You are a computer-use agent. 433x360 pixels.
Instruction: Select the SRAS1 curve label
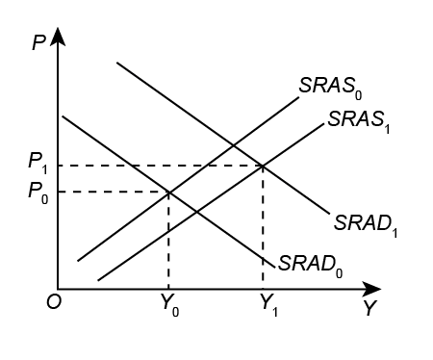click(x=356, y=121)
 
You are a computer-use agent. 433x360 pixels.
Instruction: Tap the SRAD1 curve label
click(x=367, y=224)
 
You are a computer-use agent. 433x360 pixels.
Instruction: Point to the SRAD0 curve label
click(x=309, y=263)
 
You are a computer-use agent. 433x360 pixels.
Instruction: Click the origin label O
click(x=52, y=302)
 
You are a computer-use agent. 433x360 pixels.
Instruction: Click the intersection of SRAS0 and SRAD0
click(x=169, y=192)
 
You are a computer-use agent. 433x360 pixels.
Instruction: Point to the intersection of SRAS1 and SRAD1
click(x=263, y=167)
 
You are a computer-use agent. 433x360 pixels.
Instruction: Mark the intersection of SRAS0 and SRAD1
click(x=232, y=146)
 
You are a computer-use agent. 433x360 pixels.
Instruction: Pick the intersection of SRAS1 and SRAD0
click(x=196, y=211)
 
